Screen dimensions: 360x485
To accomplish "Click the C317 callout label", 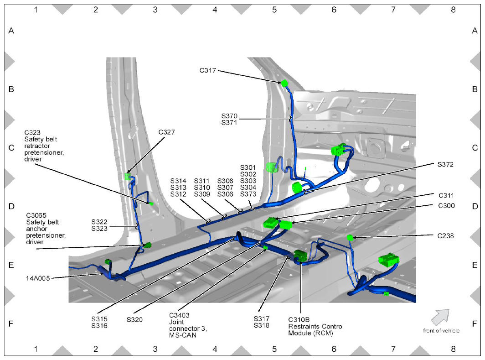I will coord(207,71).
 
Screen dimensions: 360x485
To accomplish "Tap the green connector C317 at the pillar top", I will coord(284,83).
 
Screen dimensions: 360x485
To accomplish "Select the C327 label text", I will coord(167,132).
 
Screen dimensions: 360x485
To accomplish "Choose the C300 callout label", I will coord(446,206).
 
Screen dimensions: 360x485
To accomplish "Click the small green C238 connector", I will coord(350,237).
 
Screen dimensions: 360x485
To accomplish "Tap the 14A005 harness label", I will coord(38,277).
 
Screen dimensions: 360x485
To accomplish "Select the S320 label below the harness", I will coord(135,319).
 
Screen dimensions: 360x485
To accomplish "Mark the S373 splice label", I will coord(248,194).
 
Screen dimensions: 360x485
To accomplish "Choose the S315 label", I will coord(99,319).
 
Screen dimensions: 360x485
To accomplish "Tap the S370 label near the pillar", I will coord(229,116).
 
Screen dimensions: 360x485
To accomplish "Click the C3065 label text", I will coord(36,215).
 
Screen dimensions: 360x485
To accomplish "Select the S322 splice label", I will coord(99,222).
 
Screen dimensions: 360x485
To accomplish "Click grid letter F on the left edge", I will coord(11,323).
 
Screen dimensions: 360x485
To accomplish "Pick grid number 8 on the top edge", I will coord(453,9).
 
